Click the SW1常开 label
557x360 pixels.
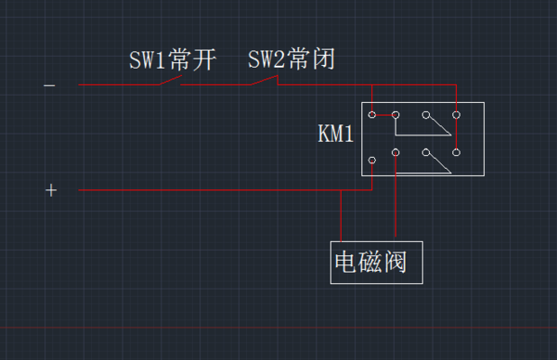pos(172,61)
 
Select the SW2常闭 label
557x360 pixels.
pos(291,60)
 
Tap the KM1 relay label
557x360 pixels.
pos(335,135)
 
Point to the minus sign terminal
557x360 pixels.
pos(49,85)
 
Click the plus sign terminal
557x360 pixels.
pos(51,190)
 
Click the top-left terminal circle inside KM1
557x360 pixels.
pos(371,116)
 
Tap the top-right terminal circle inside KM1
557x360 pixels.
pos(456,116)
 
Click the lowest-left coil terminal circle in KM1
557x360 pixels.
pos(371,161)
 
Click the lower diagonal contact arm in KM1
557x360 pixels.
pos(439,161)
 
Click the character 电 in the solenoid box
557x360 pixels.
pos(346,264)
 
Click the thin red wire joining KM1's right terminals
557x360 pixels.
pos(458,135)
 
